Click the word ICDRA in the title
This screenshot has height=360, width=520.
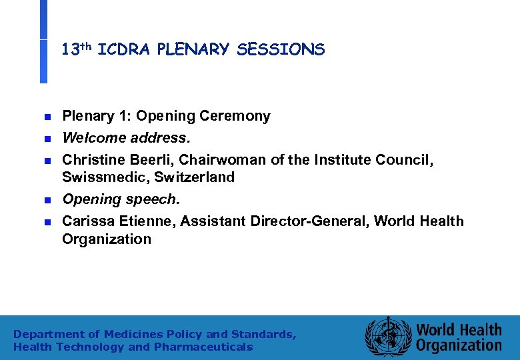[x=125, y=49]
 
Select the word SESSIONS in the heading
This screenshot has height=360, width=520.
[x=280, y=49]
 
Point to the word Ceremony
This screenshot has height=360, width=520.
[x=239, y=117]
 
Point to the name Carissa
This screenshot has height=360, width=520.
[x=87, y=221]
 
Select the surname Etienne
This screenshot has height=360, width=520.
[x=139, y=221]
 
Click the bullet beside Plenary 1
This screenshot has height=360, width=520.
[x=47, y=117]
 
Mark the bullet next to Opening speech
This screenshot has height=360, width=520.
[x=47, y=200]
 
